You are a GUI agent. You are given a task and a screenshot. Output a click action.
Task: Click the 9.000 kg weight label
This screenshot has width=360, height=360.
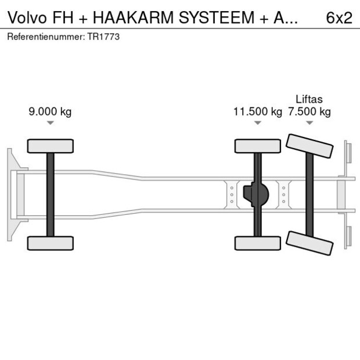tap(50, 112)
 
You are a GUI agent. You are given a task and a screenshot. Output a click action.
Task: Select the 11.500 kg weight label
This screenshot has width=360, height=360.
tap(257, 112)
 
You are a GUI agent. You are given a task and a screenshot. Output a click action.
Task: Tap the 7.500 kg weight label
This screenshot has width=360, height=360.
tap(309, 112)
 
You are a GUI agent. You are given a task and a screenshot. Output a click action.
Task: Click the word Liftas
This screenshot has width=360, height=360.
tap(309, 99)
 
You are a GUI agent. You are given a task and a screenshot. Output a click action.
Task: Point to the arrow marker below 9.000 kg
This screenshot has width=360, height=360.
tap(51, 123)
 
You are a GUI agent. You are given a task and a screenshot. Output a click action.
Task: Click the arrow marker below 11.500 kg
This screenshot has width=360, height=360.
tap(258, 123)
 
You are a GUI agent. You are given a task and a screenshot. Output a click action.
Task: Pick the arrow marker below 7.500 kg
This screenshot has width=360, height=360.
tap(309, 123)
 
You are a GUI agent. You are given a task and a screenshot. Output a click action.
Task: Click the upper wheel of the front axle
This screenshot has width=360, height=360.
tap(51, 146)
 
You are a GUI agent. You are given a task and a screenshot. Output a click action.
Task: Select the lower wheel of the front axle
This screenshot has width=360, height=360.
tap(51, 243)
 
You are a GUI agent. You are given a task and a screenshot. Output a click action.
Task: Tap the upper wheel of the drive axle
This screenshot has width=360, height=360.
tap(257, 146)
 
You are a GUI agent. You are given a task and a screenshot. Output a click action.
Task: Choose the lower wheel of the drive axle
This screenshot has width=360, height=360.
tap(257, 243)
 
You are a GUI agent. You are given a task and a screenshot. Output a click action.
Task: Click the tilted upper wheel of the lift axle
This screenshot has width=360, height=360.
tap(310, 146)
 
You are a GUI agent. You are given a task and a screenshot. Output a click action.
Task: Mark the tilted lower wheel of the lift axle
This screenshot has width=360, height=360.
tap(310, 242)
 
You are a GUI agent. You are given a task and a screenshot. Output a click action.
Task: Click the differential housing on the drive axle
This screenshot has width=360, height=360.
tap(257, 195)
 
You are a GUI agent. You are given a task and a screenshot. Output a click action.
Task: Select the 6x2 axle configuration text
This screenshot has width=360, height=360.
tap(339, 18)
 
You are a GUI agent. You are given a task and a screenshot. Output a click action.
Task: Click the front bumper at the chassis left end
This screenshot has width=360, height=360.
tap(11, 195)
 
